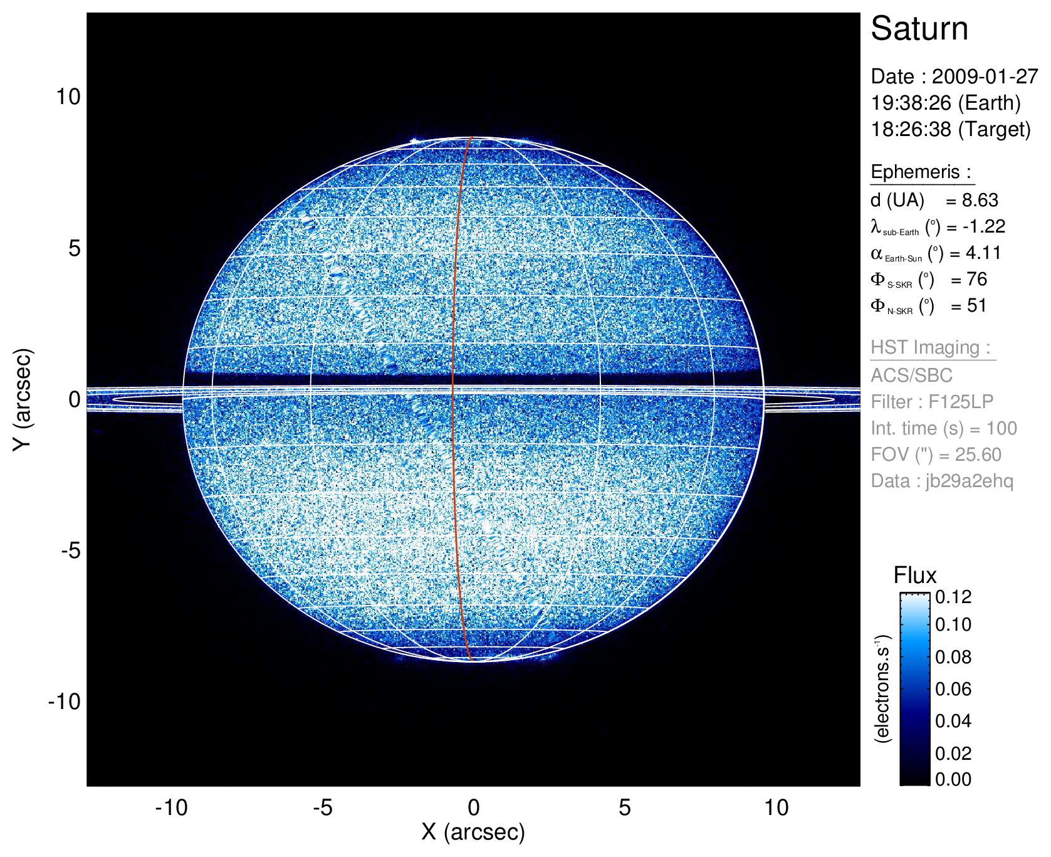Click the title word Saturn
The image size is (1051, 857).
click(919, 29)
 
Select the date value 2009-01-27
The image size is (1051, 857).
click(985, 76)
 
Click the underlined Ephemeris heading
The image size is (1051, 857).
click(921, 172)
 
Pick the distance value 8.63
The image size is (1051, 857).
click(980, 200)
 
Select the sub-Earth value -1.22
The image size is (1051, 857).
click(984, 226)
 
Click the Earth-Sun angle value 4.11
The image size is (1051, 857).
click(983, 253)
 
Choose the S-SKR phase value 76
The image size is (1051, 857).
click(976, 279)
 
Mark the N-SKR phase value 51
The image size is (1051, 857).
click(976, 305)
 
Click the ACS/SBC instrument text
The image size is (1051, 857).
click(911, 376)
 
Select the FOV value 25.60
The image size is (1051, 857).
click(978, 455)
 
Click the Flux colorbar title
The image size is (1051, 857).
click(914, 576)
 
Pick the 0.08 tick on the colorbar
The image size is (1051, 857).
click(953, 657)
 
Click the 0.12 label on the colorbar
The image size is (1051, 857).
click(953, 597)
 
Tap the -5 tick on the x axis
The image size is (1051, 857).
click(322, 807)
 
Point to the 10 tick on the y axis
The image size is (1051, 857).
click(68, 97)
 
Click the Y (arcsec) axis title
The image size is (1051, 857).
click(23, 399)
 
